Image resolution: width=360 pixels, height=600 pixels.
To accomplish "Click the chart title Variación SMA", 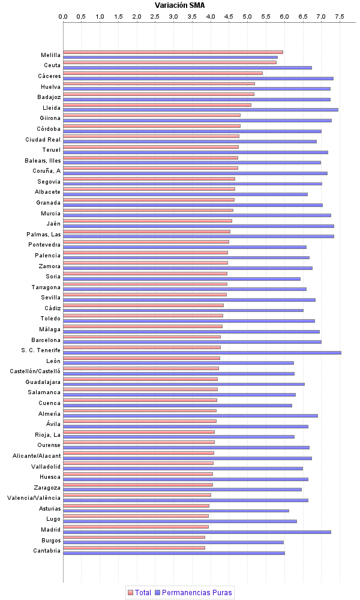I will coord(179,5).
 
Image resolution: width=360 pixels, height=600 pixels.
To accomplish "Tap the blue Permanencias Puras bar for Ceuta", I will coord(187,67).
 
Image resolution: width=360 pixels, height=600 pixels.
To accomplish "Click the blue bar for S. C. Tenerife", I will coord(202,352).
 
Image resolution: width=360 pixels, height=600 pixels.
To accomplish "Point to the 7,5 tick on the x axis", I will coord(340,16).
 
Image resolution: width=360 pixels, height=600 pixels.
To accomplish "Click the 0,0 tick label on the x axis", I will coord(63,16).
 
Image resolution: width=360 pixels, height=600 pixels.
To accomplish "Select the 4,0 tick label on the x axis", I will coord(211,16).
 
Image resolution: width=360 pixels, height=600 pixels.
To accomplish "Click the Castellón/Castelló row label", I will coord(35,371).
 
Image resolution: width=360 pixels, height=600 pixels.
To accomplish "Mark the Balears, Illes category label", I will coord(43,161).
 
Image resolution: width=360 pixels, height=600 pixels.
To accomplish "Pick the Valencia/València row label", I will coord(34,498).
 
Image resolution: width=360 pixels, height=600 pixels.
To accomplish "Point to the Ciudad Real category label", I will coord(43,139).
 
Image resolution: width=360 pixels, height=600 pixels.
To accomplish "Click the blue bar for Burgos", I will coord(173,542).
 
